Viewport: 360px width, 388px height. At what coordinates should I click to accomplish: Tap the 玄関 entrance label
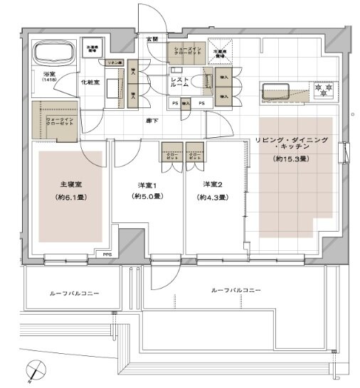click(x=152, y=38)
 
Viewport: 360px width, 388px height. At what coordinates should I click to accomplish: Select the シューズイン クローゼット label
click(x=186, y=53)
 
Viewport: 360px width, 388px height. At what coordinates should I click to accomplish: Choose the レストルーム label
click(x=179, y=82)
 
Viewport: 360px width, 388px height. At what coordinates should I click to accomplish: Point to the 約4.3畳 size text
click(x=212, y=196)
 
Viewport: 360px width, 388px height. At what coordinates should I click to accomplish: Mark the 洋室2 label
click(x=212, y=185)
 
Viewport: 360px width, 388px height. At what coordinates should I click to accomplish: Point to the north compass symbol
click(x=34, y=368)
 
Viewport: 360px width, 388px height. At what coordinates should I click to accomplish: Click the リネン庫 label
click(x=112, y=63)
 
